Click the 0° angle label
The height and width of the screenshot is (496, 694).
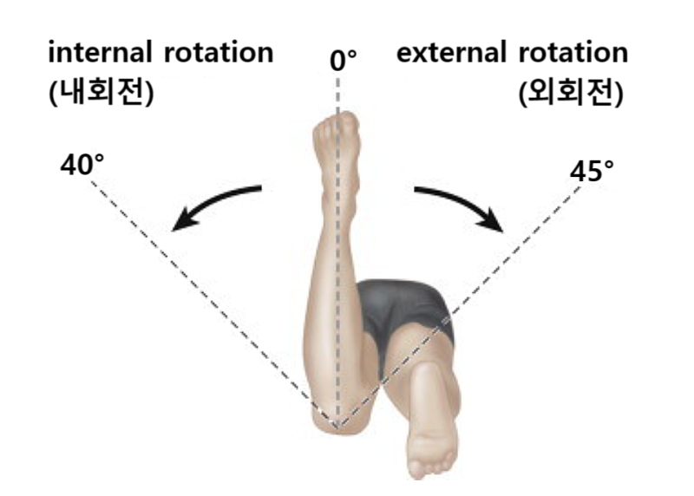(x=343, y=61)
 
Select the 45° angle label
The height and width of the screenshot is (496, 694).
(x=593, y=171)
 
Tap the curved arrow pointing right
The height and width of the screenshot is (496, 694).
(x=460, y=204)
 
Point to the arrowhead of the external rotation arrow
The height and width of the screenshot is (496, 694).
(x=495, y=225)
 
